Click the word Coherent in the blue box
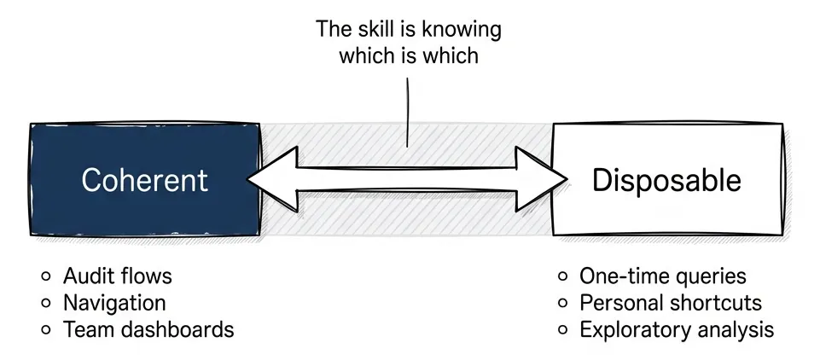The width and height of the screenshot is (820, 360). point(144,180)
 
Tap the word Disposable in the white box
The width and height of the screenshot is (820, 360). point(667,180)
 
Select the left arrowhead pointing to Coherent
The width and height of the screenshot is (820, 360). point(271,178)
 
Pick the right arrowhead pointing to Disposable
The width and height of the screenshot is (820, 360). point(544,178)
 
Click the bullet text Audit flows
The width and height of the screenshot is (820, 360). point(118,276)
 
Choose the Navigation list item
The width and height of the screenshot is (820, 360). point(114,303)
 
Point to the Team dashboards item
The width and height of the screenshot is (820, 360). point(148,329)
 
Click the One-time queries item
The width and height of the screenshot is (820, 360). point(663,276)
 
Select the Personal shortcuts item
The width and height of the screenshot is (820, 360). point(671,303)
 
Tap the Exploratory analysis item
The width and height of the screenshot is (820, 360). point(677,329)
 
